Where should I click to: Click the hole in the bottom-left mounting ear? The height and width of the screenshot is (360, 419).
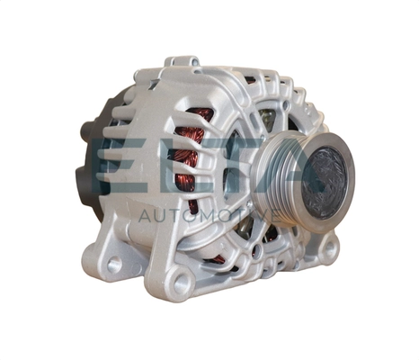(x=113, y=265)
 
